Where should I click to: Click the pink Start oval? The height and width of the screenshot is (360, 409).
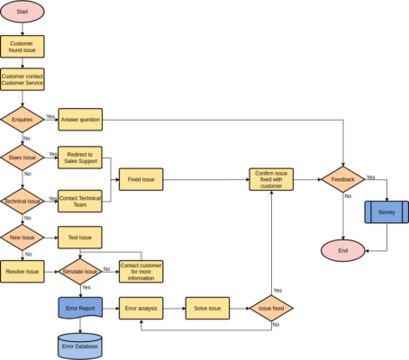click(x=23, y=12)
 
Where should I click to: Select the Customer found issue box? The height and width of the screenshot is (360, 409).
click(x=23, y=47)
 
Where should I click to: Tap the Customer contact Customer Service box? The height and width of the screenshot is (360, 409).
click(x=23, y=80)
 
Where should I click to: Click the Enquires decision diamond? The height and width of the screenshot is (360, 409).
click(x=23, y=120)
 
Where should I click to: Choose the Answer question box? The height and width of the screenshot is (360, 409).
click(x=80, y=120)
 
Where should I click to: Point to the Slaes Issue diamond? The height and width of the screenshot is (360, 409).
click(x=23, y=157)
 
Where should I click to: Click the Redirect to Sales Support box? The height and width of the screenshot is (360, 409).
click(x=80, y=157)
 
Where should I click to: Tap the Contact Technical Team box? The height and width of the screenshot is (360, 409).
click(x=80, y=201)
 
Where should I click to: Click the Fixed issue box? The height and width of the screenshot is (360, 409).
click(x=141, y=179)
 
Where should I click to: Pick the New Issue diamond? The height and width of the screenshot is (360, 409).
click(x=23, y=238)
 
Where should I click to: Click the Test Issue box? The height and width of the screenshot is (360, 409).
click(x=80, y=238)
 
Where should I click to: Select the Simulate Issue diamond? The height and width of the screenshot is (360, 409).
click(x=80, y=271)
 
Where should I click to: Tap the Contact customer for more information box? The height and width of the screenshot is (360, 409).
click(x=141, y=271)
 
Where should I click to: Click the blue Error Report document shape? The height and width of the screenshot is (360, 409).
click(x=80, y=308)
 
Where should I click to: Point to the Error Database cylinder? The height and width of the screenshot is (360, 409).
click(x=80, y=346)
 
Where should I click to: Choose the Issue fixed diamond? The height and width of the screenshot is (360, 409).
click(x=271, y=309)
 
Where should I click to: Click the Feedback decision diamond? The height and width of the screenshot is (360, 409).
click(x=343, y=179)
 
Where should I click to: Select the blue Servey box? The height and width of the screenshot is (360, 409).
click(x=386, y=212)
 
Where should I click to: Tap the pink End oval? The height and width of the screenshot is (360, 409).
click(x=343, y=250)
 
